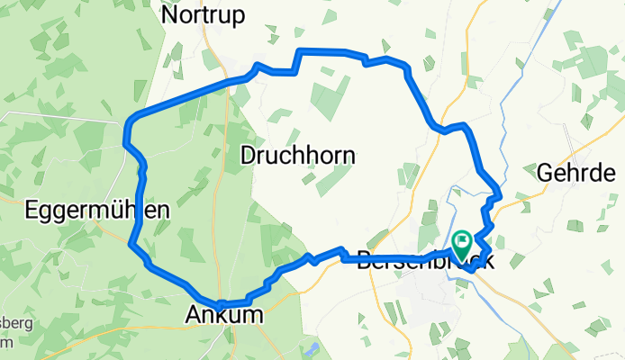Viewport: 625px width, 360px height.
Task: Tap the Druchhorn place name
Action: pos(297,155)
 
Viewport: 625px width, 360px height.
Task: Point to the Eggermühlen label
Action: pos(85,211)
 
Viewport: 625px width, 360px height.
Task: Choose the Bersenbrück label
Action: pos(425,262)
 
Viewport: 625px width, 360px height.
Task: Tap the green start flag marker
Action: pos(463,241)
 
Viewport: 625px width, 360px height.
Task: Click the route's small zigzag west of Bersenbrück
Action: pos(311,258)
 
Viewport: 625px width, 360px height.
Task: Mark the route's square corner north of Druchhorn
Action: pos(301,50)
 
